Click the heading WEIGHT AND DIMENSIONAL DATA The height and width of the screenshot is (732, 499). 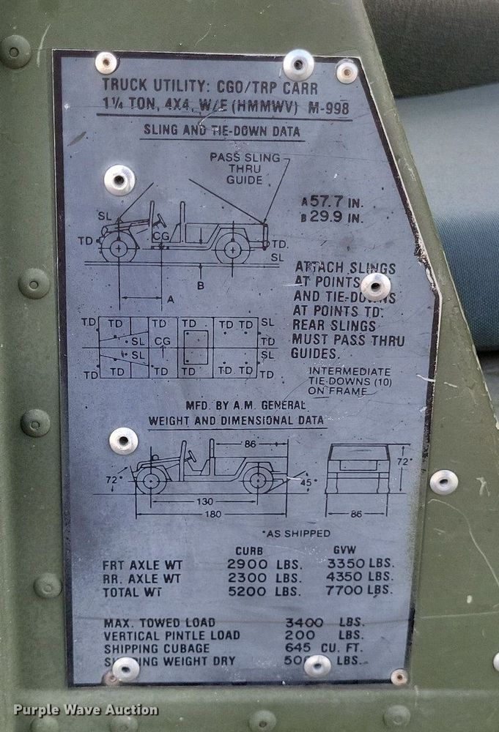(x=236, y=421)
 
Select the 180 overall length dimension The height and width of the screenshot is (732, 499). (x=212, y=513)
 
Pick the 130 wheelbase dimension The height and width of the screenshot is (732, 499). (x=205, y=501)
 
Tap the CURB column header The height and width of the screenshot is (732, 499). (x=249, y=550)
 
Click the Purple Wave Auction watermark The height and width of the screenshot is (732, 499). (x=85, y=709)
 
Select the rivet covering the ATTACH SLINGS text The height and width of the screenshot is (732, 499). (x=375, y=286)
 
